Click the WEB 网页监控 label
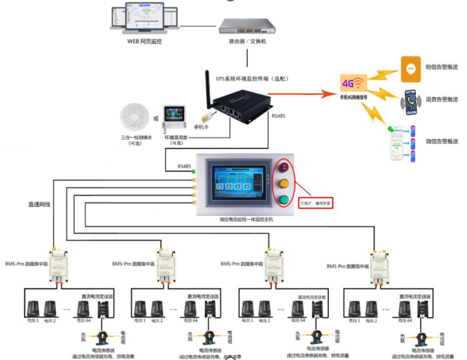point(145,42)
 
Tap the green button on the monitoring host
point(284,200)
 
